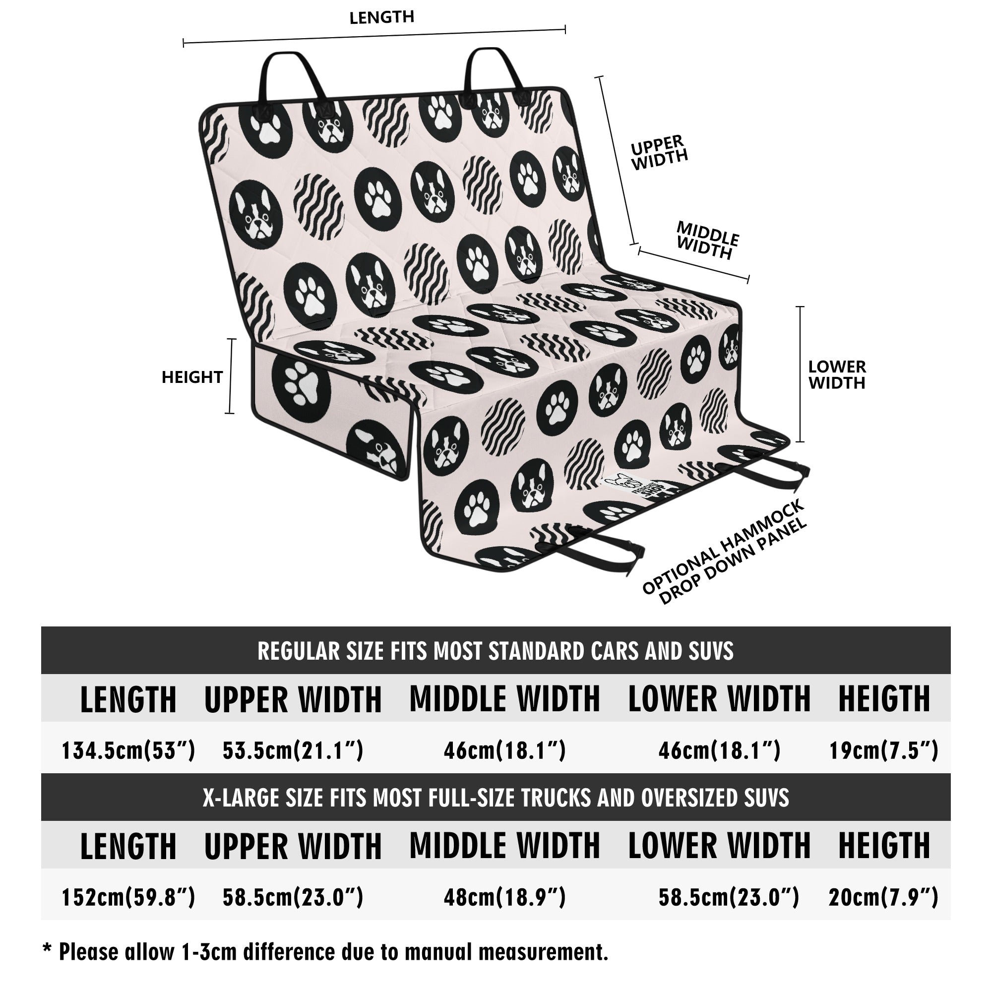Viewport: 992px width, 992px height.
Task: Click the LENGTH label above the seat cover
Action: [x=381, y=17]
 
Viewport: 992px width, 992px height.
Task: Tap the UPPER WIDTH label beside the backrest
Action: [x=659, y=152]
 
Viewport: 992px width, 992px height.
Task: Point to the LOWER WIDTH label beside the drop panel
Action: [x=837, y=374]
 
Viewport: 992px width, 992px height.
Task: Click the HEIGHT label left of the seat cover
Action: [x=192, y=377]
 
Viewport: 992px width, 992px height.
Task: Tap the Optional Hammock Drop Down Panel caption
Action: [x=725, y=552]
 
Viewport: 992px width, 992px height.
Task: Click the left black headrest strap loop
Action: [x=293, y=77]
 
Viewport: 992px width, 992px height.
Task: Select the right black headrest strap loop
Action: [x=495, y=74]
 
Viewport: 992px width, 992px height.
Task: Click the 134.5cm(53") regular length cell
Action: [x=128, y=750]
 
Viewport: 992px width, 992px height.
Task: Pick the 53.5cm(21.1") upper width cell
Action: [x=293, y=750]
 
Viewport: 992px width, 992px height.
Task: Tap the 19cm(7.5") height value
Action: [x=884, y=750]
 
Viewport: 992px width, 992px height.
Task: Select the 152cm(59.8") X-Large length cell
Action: [x=128, y=897]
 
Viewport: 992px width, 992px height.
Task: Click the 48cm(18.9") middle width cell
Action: [x=505, y=897]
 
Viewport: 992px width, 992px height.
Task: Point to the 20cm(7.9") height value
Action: [x=884, y=897]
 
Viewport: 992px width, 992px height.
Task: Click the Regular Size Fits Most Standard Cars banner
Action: [x=496, y=651]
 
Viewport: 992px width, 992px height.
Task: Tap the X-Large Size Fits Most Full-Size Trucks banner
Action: [x=496, y=798]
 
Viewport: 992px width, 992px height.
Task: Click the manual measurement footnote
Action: [x=325, y=951]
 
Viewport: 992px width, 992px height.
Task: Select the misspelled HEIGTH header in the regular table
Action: [x=884, y=698]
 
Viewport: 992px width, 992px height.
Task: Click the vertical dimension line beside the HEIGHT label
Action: [x=231, y=376]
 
